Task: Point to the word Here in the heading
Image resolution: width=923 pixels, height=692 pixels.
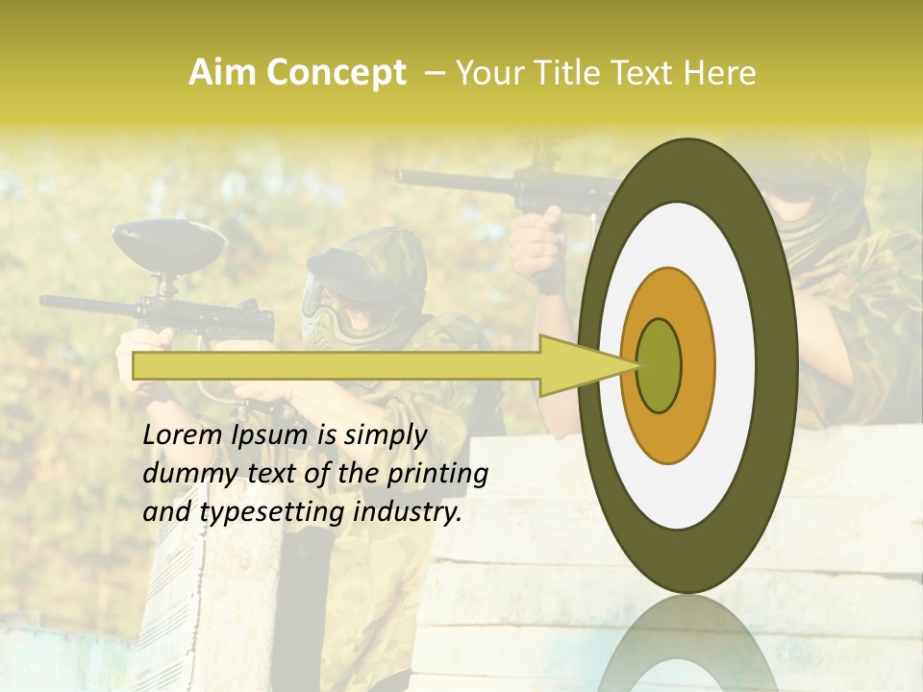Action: point(719,73)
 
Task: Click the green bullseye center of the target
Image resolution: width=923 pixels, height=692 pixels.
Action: point(660,365)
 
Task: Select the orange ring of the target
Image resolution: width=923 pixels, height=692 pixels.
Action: point(696,365)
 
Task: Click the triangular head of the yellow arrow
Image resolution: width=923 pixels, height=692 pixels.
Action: point(586,365)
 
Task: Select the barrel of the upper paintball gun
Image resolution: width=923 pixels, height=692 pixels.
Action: point(452,180)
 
